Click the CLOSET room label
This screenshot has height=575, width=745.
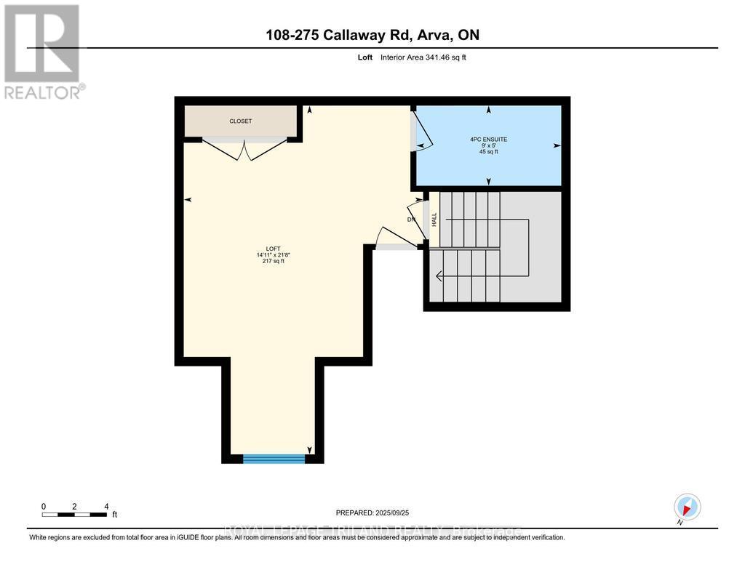tap(240, 121)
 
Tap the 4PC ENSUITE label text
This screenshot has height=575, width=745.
tap(488, 139)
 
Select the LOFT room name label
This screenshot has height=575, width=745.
tap(274, 249)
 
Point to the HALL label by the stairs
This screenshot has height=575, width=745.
tap(434, 219)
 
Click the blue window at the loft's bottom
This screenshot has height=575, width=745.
tap(274, 459)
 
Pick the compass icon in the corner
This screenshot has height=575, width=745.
tap(687, 507)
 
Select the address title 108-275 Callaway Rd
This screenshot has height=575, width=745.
tap(372, 35)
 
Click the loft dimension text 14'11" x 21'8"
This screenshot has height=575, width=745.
tap(274, 255)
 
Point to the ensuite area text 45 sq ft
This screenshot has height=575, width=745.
tap(488, 152)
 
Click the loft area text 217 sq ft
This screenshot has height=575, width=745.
tap(274, 262)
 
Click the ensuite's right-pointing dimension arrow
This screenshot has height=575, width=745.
tap(557, 145)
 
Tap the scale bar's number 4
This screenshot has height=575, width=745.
tap(106, 506)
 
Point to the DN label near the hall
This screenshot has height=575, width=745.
tap(411, 220)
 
